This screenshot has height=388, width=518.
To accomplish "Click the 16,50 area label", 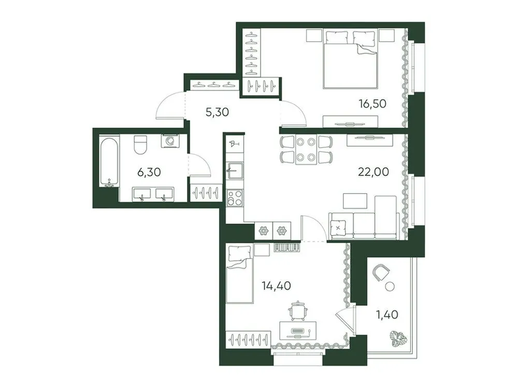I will pos(372,103).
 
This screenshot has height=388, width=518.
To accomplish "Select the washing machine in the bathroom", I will pos(169,141).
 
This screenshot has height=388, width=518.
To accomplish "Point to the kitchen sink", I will pos(234,170).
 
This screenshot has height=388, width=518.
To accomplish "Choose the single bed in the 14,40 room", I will pos(239,274).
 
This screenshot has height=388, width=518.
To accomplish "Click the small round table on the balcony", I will pos(391,286).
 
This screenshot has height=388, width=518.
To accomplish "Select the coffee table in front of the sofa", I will pos(355,200).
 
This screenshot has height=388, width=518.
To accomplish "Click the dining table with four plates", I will pos(306,150).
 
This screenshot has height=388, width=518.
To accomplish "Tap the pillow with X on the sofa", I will pos(338,226).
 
